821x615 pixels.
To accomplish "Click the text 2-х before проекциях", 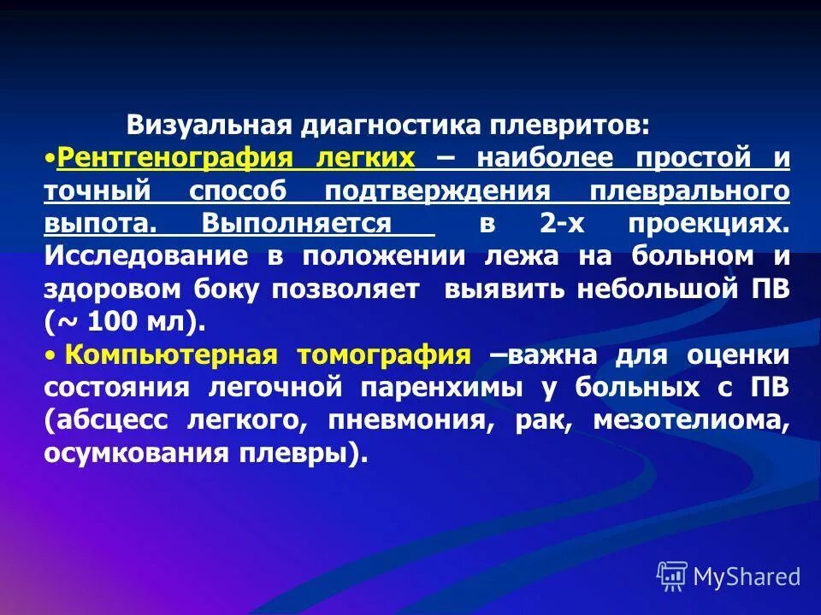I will click(561, 224).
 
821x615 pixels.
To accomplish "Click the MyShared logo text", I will click(747, 577).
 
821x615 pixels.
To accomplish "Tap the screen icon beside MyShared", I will click(672, 576).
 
